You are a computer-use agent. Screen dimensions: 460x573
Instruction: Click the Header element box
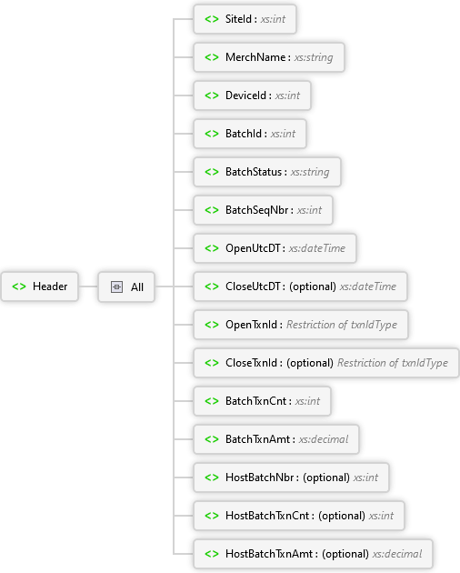point(39,286)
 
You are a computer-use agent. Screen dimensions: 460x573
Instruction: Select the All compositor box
point(126,286)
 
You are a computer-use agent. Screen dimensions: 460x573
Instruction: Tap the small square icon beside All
point(116,286)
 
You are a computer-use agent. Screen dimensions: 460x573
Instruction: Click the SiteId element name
point(238,19)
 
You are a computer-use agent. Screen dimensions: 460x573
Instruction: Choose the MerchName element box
point(269,57)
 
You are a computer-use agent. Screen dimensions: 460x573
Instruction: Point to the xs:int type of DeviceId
point(287,95)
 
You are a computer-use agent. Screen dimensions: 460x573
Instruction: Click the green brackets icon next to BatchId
point(212,134)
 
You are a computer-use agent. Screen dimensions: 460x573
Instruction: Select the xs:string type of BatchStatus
point(310,172)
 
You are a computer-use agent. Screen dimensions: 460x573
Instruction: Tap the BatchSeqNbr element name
point(257,210)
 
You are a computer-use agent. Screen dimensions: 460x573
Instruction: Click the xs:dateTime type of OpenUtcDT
point(317,248)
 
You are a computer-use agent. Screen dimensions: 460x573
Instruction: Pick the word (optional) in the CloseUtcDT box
point(313,286)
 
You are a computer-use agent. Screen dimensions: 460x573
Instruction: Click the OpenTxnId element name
point(252,325)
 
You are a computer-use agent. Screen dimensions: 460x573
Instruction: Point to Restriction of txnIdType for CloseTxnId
point(393,363)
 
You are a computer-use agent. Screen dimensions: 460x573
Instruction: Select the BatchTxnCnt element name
point(256,401)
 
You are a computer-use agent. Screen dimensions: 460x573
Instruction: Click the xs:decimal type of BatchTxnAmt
point(324,439)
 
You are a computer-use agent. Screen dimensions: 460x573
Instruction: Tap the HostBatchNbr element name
point(260,477)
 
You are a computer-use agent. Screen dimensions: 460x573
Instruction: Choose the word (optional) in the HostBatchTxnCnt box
point(342,516)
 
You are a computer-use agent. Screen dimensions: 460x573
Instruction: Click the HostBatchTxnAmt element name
point(269,554)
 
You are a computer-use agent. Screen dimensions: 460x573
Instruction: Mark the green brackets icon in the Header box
point(19,286)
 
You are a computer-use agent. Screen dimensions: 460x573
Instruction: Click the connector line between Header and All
point(88,286)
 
